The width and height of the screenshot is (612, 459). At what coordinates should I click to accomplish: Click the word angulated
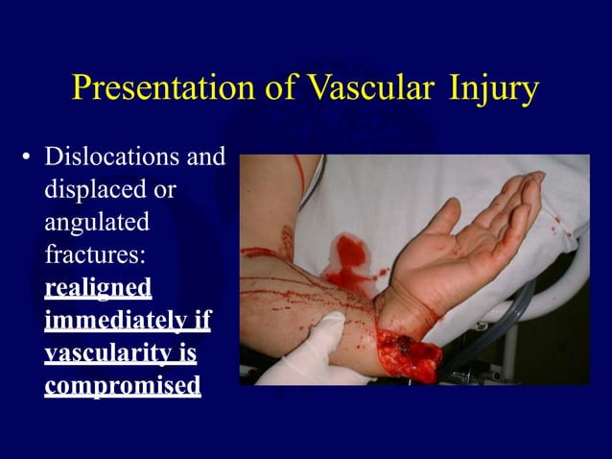coord(97,224)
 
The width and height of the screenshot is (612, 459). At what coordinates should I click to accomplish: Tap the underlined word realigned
coord(98,288)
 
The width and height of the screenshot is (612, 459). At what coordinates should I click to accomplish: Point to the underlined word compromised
coord(123,385)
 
